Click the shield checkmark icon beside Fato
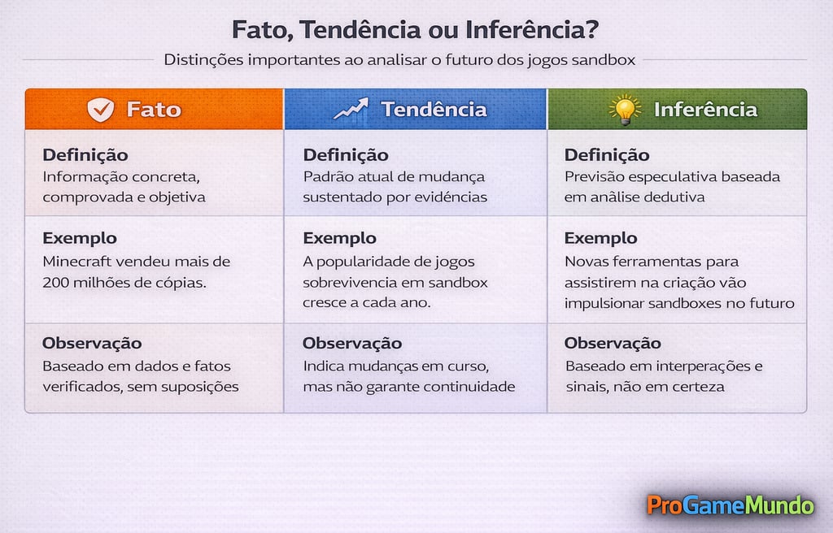(x=101, y=110)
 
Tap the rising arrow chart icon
(x=351, y=110)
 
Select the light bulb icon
(x=625, y=110)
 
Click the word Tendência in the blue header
(x=434, y=110)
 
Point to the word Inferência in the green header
(x=705, y=110)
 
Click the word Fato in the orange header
(x=154, y=110)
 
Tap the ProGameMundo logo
(x=730, y=505)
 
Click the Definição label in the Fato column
(x=85, y=155)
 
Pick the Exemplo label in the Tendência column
(x=339, y=238)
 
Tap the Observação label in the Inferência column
(x=613, y=343)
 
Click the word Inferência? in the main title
(x=533, y=30)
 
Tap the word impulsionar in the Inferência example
(x=604, y=303)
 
